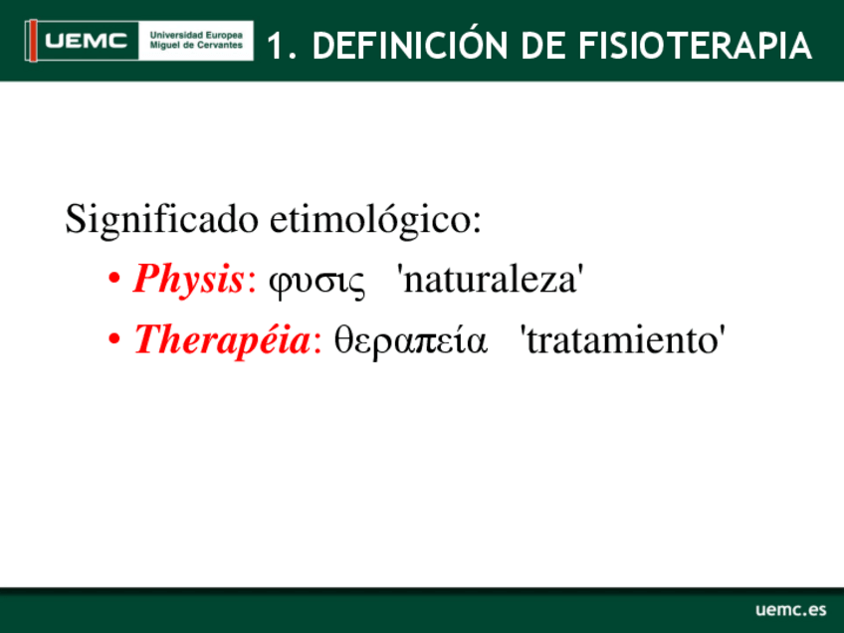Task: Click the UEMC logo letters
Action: pyautogui.click(x=87, y=41)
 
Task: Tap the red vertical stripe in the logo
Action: pyautogui.click(x=33, y=41)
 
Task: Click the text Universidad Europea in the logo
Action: pyautogui.click(x=196, y=35)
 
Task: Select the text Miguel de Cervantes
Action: pyautogui.click(x=196, y=45)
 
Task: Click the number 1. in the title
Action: pyautogui.click(x=282, y=45)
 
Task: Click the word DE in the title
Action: pyautogui.click(x=542, y=45)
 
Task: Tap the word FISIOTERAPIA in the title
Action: pyautogui.click(x=695, y=45)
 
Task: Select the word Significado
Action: pyautogui.click(x=161, y=220)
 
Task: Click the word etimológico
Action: pyautogui.click(x=375, y=220)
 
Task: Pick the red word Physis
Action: pyautogui.click(x=188, y=280)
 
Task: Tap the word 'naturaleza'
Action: pyautogui.click(x=490, y=280)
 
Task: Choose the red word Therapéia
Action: pyautogui.click(x=222, y=340)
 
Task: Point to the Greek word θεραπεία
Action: pyautogui.click(x=411, y=340)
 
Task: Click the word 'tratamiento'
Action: pyautogui.click(x=622, y=340)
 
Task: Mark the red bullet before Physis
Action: pyautogui.click(x=113, y=280)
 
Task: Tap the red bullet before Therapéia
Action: pyautogui.click(x=113, y=339)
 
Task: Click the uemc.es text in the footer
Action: pyautogui.click(x=790, y=609)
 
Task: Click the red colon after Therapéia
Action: pyautogui.click(x=317, y=342)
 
